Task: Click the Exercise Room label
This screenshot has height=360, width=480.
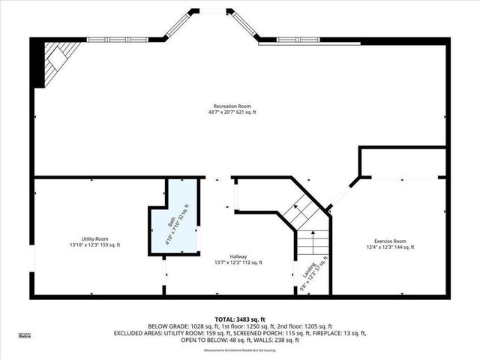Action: (x=390, y=240)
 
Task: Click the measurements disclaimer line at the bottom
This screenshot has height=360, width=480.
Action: (x=240, y=350)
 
